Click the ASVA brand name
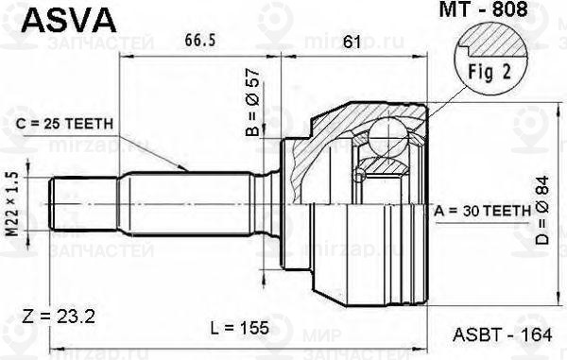69,20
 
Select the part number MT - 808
483,9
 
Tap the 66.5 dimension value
200,40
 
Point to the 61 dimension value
352,42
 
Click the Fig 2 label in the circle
490,72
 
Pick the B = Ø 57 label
253,102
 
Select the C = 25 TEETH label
64,124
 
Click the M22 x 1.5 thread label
13,204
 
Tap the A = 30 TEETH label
483,211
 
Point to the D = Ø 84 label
542,211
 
